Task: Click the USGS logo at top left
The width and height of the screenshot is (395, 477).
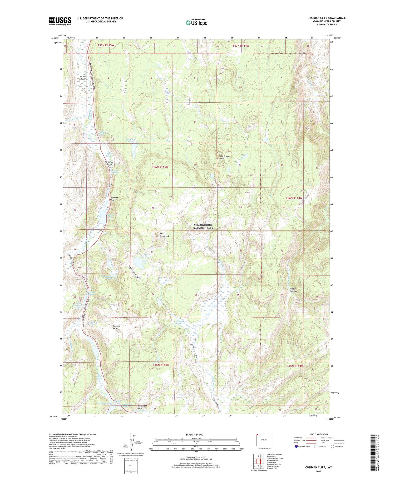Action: [x=60, y=21]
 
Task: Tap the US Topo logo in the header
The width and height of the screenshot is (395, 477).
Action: [x=196, y=22]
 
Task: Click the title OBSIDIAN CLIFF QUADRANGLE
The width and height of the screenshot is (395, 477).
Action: [x=327, y=18]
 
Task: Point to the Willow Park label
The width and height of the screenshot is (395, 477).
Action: [x=83, y=78]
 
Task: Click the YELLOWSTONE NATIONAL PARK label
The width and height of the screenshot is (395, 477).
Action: [x=203, y=227]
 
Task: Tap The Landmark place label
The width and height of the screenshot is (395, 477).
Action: [x=164, y=235]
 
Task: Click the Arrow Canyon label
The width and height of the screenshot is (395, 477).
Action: [x=293, y=290]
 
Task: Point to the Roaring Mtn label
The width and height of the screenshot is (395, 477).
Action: [x=116, y=327]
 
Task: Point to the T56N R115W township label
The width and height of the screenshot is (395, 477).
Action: [x=160, y=167]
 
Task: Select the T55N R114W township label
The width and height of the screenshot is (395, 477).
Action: [x=295, y=366]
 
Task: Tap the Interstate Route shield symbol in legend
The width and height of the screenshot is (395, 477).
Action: [x=296, y=446]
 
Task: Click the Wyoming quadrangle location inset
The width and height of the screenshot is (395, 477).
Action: [x=264, y=440]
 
